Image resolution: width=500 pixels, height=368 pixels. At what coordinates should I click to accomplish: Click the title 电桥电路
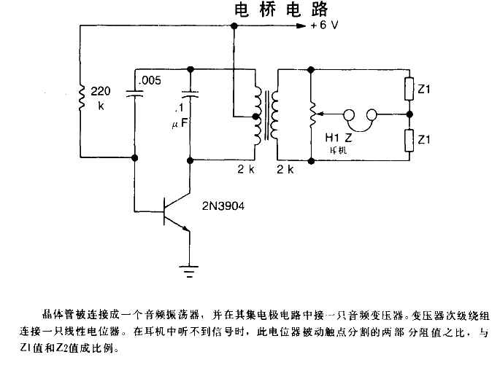280,9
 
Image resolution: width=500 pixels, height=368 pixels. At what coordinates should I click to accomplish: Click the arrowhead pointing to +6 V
301,26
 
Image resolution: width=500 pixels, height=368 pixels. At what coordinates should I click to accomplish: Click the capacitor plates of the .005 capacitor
136,92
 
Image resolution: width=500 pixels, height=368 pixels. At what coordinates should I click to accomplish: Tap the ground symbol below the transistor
190,273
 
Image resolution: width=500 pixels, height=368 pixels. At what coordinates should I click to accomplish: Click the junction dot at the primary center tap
255,116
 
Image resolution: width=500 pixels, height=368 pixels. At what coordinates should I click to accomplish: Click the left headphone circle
349,114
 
